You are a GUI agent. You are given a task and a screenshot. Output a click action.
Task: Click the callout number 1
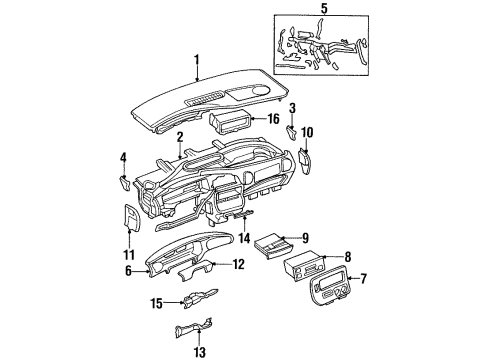(x=197, y=60)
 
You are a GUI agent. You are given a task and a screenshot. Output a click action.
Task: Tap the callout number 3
(x=292, y=107)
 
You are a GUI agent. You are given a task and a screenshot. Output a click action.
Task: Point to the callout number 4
(x=122, y=157)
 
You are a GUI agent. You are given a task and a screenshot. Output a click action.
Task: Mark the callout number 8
(x=347, y=255)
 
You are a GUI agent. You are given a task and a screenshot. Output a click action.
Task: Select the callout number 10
(x=307, y=131)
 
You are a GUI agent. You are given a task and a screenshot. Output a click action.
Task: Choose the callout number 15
(x=156, y=304)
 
